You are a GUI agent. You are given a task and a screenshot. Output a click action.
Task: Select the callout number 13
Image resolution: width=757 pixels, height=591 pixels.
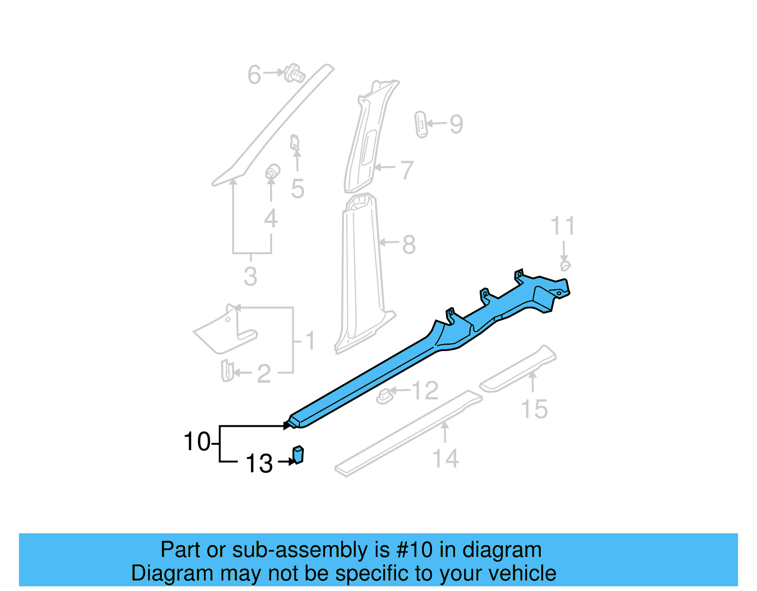[x=259, y=464]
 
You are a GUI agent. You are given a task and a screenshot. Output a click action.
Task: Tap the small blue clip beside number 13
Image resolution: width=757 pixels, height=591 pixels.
[x=298, y=454]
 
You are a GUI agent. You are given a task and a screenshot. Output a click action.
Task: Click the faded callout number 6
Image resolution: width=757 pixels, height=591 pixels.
[x=254, y=75]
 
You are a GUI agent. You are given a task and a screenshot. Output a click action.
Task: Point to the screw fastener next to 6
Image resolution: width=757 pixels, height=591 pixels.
[x=295, y=73]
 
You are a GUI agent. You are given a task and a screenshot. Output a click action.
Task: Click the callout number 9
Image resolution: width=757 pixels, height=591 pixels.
[x=456, y=124]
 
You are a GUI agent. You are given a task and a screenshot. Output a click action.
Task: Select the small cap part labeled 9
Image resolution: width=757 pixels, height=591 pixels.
[x=421, y=124]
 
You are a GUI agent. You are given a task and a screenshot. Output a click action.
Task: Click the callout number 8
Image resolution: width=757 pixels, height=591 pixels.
[x=409, y=245]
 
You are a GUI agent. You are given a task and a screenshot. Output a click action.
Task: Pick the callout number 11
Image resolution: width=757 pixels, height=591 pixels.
[x=563, y=226]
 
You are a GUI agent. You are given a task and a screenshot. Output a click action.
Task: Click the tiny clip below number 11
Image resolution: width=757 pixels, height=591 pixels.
[x=565, y=265]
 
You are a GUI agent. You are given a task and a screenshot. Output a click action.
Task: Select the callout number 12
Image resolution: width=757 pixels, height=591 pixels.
[x=425, y=391]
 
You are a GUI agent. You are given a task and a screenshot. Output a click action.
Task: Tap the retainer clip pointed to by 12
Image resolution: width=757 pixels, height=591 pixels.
[x=385, y=397]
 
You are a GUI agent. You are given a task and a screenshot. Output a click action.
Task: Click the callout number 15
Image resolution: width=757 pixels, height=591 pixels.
[x=534, y=409]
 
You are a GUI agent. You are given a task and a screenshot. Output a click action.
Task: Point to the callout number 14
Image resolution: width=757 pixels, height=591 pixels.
[x=446, y=459]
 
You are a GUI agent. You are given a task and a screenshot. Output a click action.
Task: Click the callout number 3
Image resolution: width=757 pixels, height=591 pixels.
[x=250, y=276]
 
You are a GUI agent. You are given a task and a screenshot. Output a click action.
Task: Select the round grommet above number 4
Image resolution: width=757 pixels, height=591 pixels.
[x=272, y=172]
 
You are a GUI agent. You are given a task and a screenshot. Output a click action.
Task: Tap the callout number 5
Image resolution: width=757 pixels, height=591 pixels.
[x=297, y=189]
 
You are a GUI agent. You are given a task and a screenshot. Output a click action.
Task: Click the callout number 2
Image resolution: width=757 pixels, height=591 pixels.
[x=264, y=374]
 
